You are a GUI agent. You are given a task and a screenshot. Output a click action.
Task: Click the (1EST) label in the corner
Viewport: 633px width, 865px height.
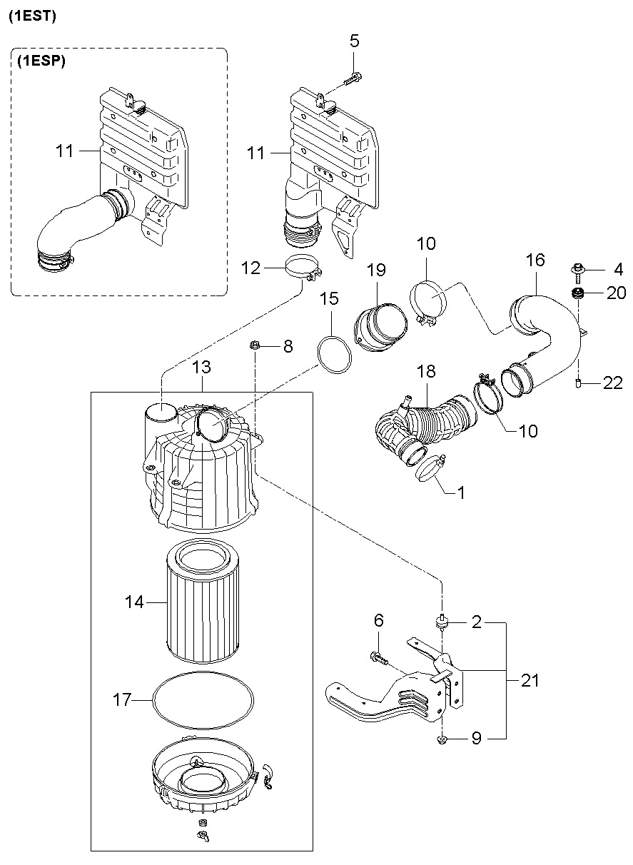32,16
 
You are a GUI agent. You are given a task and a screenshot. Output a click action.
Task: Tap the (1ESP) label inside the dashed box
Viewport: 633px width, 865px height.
41,61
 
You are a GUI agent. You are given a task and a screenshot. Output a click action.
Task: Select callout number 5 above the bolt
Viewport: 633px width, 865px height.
354,41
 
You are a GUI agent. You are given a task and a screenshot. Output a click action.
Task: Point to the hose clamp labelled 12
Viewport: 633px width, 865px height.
303,266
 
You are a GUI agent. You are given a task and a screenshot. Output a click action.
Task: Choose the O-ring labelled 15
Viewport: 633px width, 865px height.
335,355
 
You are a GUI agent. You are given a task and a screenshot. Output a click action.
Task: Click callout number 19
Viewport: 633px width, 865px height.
376,270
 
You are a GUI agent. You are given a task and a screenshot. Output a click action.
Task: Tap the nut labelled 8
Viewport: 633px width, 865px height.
255,345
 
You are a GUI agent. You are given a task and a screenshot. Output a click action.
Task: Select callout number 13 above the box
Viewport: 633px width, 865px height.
201,367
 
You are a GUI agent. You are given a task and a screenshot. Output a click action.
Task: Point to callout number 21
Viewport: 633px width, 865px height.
530,680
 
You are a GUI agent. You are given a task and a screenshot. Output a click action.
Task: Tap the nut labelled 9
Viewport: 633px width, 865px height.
442,739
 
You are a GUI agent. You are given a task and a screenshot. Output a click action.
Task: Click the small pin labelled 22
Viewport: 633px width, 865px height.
578,383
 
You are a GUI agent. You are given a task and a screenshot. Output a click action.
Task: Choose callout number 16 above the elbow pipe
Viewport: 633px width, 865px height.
535,260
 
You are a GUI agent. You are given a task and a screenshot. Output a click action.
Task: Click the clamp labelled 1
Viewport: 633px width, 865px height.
430,468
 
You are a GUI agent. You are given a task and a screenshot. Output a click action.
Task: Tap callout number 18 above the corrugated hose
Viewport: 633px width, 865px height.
426,371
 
